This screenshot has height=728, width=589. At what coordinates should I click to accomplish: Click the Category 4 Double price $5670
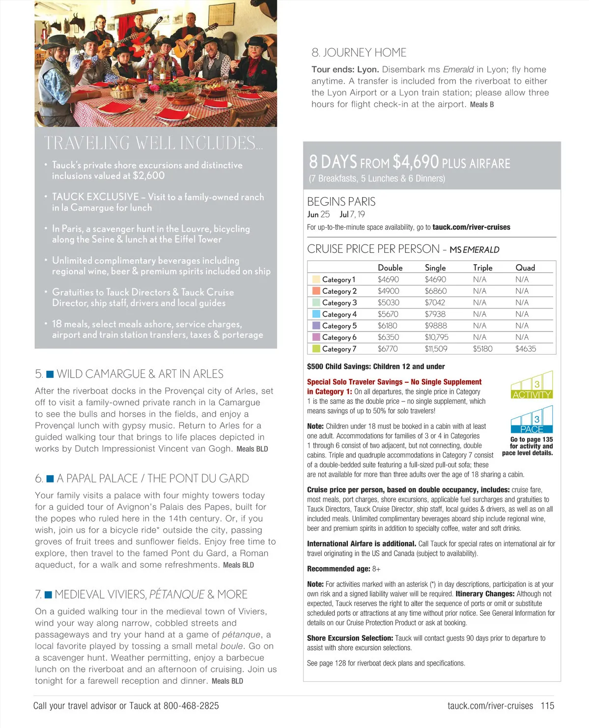[x=388, y=314]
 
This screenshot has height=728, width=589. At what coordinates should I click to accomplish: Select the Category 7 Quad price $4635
[x=525, y=349]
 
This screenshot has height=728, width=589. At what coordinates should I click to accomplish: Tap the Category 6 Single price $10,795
[x=436, y=337]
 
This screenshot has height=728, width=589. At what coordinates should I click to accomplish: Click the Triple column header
[x=482, y=268]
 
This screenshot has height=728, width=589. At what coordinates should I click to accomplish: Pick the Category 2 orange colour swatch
[x=316, y=291]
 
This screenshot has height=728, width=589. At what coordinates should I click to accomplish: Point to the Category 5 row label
[x=339, y=326]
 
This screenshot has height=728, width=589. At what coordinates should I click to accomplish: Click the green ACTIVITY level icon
[x=532, y=385]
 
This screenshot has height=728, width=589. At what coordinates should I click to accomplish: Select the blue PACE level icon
[x=532, y=420]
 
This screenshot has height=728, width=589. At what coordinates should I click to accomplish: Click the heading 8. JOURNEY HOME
[x=359, y=53]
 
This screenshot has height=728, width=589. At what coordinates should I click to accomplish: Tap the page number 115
[x=547, y=706]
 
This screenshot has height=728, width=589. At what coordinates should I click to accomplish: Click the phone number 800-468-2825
[x=191, y=706]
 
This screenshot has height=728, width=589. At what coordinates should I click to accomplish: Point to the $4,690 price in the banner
[x=415, y=162]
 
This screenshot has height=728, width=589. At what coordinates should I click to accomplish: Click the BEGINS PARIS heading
[x=341, y=202]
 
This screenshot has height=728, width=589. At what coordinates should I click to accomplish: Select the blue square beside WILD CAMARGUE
[x=50, y=374]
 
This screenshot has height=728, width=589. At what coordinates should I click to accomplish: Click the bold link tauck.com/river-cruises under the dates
[x=471, y=227]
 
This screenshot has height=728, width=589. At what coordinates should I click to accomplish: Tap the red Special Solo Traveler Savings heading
[x=394, y=382]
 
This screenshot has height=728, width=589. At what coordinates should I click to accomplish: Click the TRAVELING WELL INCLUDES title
[x=153, y=143]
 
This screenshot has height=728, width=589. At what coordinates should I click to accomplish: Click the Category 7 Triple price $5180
[x=482, y=349]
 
